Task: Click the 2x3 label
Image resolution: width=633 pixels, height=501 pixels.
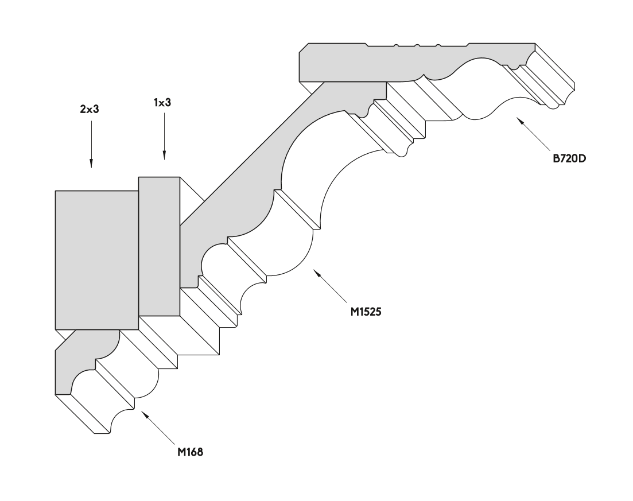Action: coord(90,109)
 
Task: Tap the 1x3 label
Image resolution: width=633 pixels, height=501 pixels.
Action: coord(162,103)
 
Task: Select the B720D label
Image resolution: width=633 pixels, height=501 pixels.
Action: coord(569,158)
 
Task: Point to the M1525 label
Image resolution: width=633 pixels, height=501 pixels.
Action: coord(366,312)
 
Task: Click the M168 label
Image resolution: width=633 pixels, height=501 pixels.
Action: coord(190,452)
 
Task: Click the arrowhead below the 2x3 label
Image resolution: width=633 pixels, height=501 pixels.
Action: coord(91,163)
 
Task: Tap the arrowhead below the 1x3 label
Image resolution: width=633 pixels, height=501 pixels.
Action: coord(164,155)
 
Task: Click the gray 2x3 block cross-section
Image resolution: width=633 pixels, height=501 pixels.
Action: coord(97,260)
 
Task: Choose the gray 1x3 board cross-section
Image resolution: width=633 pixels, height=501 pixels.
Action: coord(159,246)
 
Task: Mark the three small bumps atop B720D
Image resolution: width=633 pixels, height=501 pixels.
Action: coord(417,45)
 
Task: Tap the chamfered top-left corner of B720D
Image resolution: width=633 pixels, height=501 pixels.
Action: coord(304,48)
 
